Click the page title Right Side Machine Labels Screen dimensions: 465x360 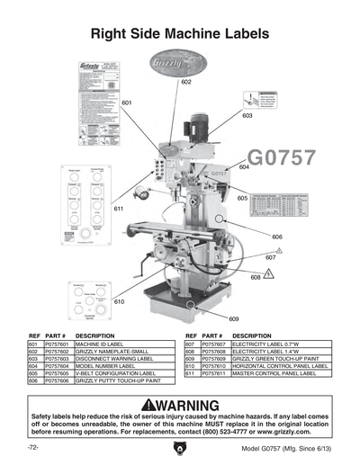pyautogui.click(x=180, y=34)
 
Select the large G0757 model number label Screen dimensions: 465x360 pyautogui.click(x=282, y=158)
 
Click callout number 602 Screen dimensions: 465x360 pyautogui.click(x=186, y=83)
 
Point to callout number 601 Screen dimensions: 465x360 pyautogui.click(x=127, y=103)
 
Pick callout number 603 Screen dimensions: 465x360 pyautogui.click(x=247, y=115)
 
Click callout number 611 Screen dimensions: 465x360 pyautogui.click(x=118, y=208)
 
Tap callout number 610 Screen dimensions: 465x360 pyautogui.click(x=119, y=302)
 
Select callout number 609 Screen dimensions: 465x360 pyautogui.click(x=233, y=319)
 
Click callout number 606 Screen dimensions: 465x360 pyautogui.click(x=277, y=237)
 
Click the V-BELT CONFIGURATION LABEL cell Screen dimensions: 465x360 pyautogui.click(x=114, y=373)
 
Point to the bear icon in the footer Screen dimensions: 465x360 pyautogui.click(x=180, y=447)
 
